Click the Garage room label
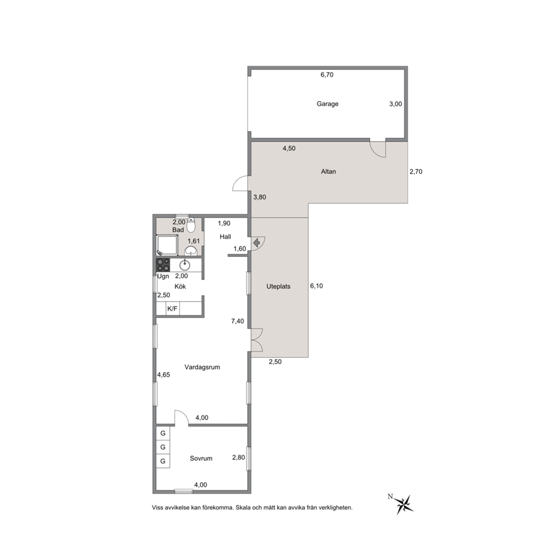coord(327,104)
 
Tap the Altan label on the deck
coord(328,172)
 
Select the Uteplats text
coord(278,286)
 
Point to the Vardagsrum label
coord(202,367)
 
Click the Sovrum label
coord(201,458)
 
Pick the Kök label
coord(180,286)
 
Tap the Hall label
coord(225,237)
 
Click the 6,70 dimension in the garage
coord(327,75)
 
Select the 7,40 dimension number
coord(238,321)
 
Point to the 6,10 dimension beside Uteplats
coord(317,286)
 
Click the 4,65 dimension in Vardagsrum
coord(164,375)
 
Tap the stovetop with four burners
coord(163,265)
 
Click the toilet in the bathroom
coord(191,225)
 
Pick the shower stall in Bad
coord(167,245)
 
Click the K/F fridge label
coord(173,309)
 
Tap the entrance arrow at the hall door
coord(256,243)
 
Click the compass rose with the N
coord(404,504)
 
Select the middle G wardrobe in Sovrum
coord(163,447)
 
